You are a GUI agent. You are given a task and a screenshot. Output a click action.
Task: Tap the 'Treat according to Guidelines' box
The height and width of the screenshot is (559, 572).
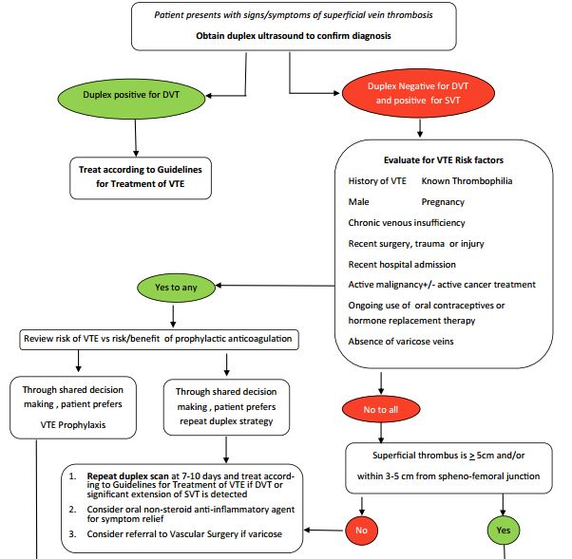coord(140,176)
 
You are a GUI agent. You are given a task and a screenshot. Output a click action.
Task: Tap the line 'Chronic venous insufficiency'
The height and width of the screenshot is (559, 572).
coord(407,222)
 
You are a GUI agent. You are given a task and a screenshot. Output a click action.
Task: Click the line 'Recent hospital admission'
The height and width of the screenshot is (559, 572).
coord(402,264)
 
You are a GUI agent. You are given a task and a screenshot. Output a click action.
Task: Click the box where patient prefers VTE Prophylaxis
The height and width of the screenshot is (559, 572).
coord(73,406)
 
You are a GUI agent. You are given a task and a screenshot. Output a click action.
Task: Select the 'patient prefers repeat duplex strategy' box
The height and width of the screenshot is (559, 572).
coord(225,406)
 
